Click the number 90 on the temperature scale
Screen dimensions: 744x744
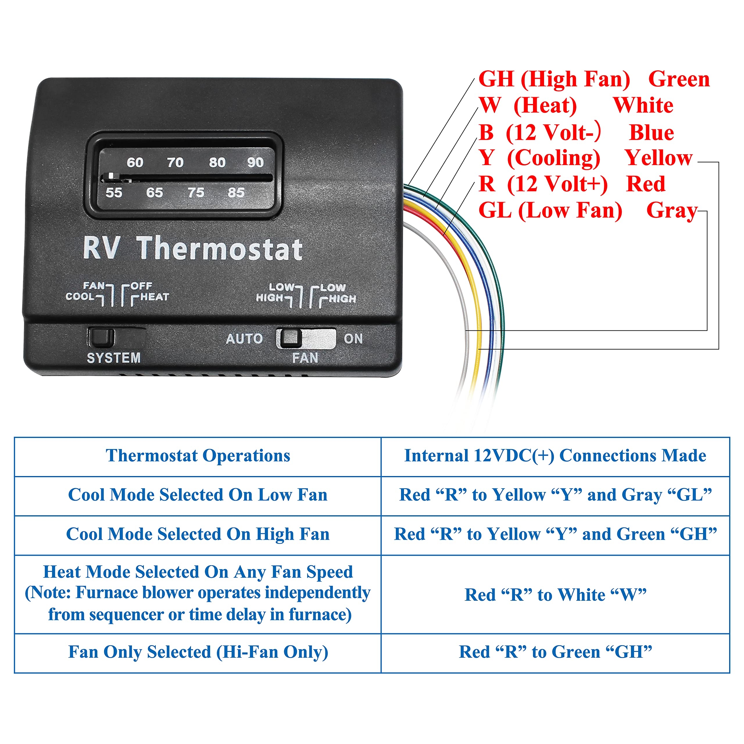(x=255, y=162)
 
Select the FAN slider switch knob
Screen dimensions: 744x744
(x=290, y=338)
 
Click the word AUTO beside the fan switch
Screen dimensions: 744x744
(x=244, y=339)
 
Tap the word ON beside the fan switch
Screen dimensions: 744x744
(x=353, y=339)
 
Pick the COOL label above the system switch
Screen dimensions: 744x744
(x=80, y=296)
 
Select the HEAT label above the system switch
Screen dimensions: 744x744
(x=154, y=297)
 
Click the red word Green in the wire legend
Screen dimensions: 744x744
(x=679, y=79)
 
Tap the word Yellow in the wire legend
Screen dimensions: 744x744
(x=659, y=158)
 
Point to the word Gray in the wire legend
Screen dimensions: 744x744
(x=672, y=211)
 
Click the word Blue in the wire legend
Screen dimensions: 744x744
(x=652, y=133)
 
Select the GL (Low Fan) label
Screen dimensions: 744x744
(x=550, y=211)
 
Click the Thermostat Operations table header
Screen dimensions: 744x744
(x=198, y=456)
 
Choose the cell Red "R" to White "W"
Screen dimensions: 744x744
(x=555, y=595)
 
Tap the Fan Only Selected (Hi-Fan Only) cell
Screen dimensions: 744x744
(x=198, y=652)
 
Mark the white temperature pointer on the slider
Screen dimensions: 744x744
(x=111, y=176)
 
